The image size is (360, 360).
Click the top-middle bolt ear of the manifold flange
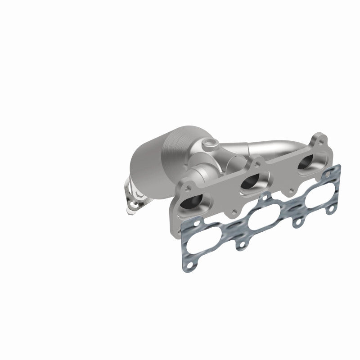pyautogui.click(x=257, y=162)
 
